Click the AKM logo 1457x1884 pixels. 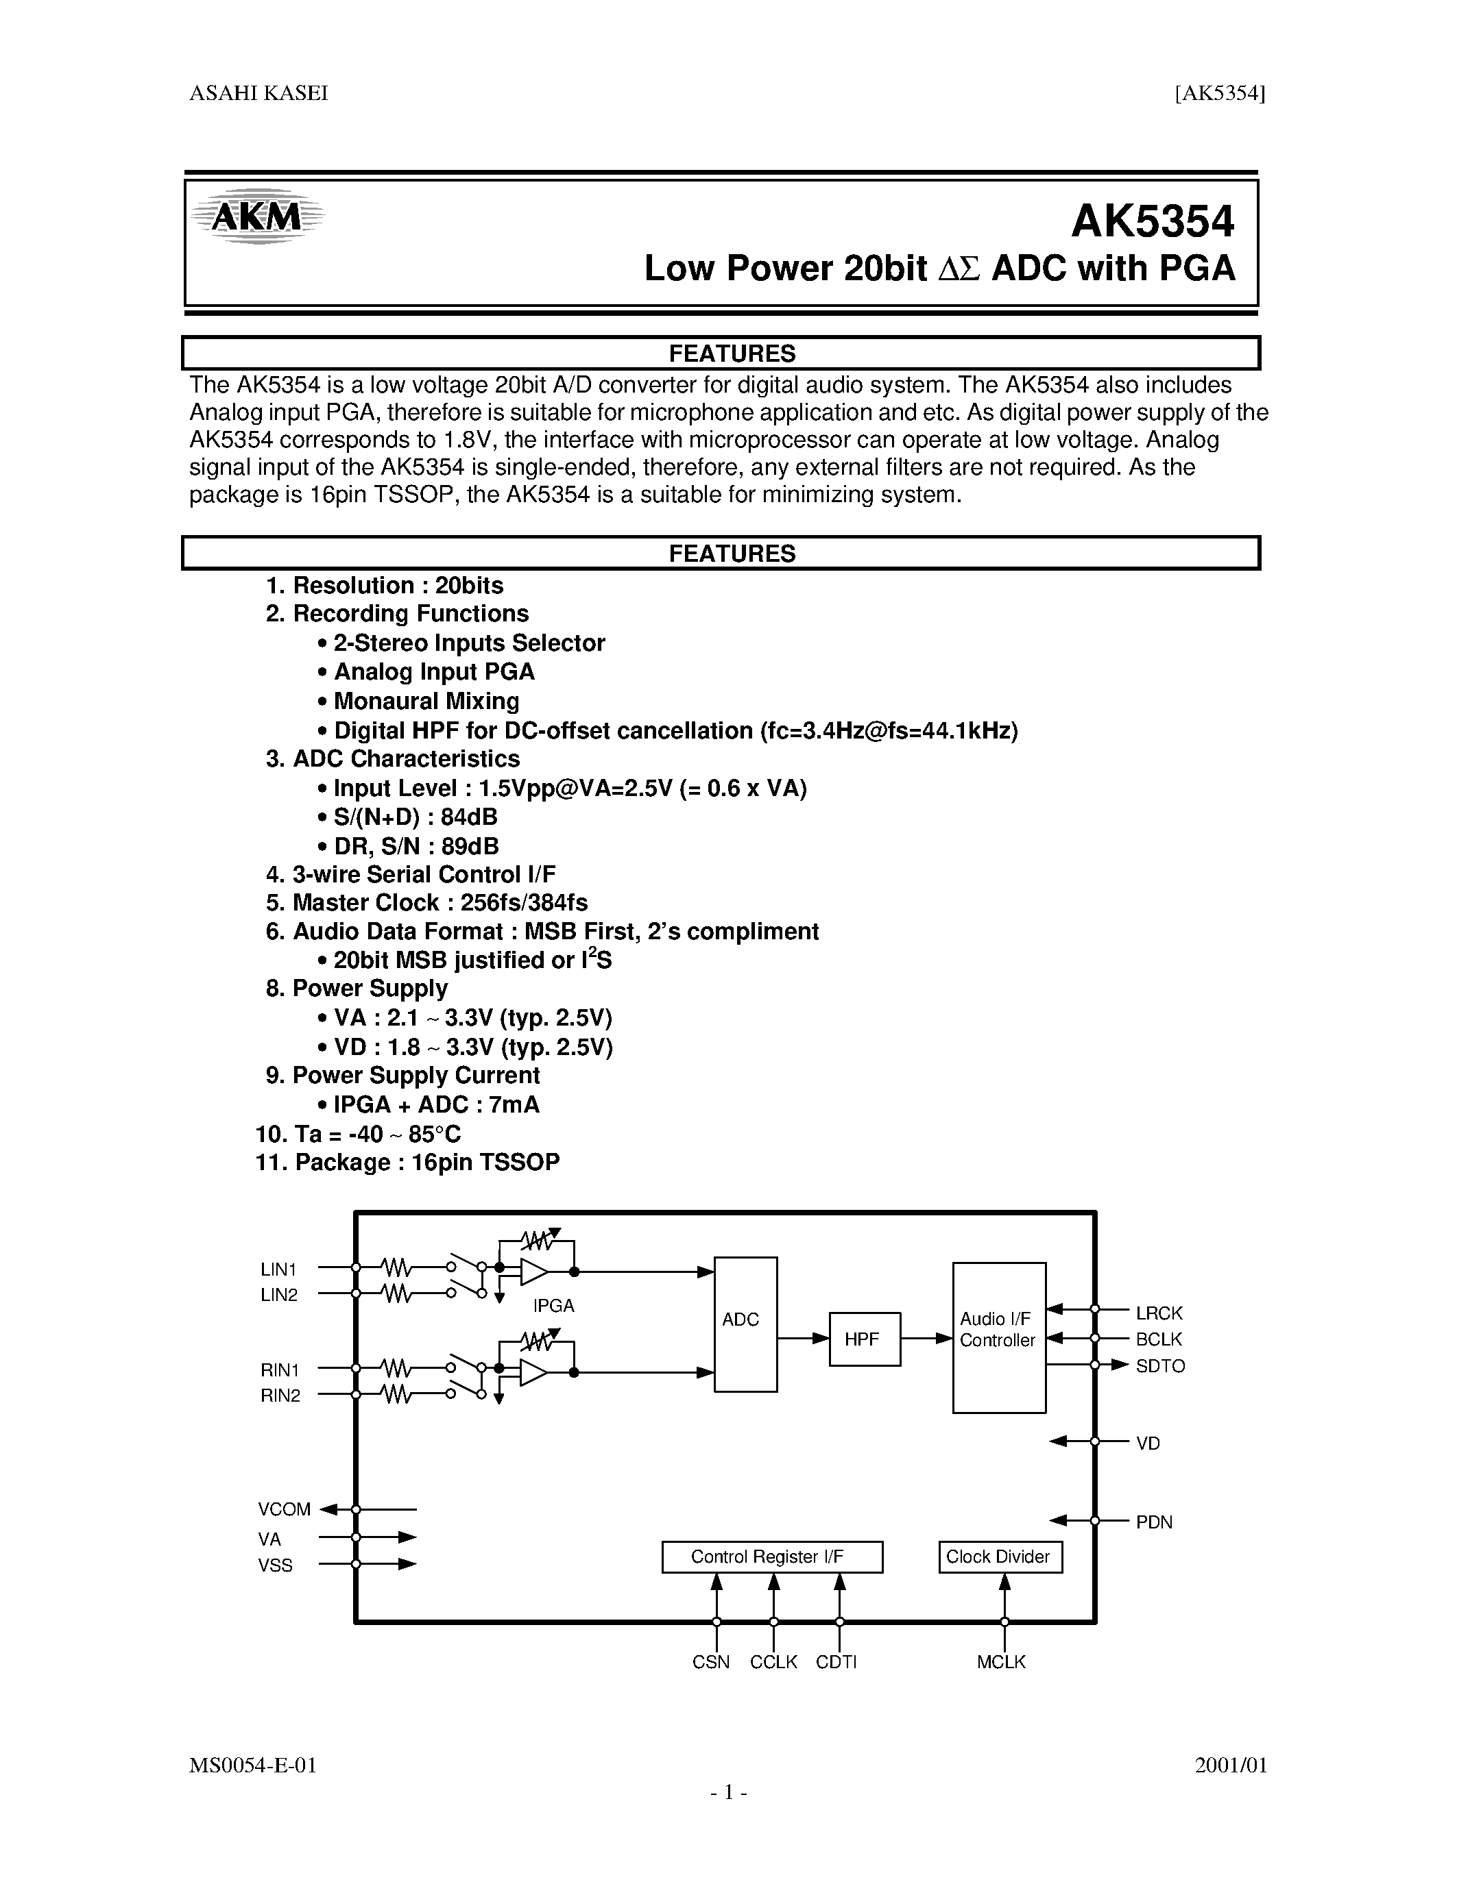point(256,216)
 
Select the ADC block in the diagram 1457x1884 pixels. point(745,1324)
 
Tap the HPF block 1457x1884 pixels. point(864,1339)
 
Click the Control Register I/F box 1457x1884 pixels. point(771,1557)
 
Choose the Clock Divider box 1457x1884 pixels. point(1000,1557)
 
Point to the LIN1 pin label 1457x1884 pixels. point(279,1269)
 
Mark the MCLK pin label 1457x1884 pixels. point(1001,1662)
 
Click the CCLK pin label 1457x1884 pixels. point(773,1662)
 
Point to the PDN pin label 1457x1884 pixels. point(1154,1522)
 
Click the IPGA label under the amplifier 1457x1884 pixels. point(553,1306)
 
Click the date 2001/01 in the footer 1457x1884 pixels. point(1230,1765)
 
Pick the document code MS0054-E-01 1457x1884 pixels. point(253,1765)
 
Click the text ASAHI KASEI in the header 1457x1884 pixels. point(259,93)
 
